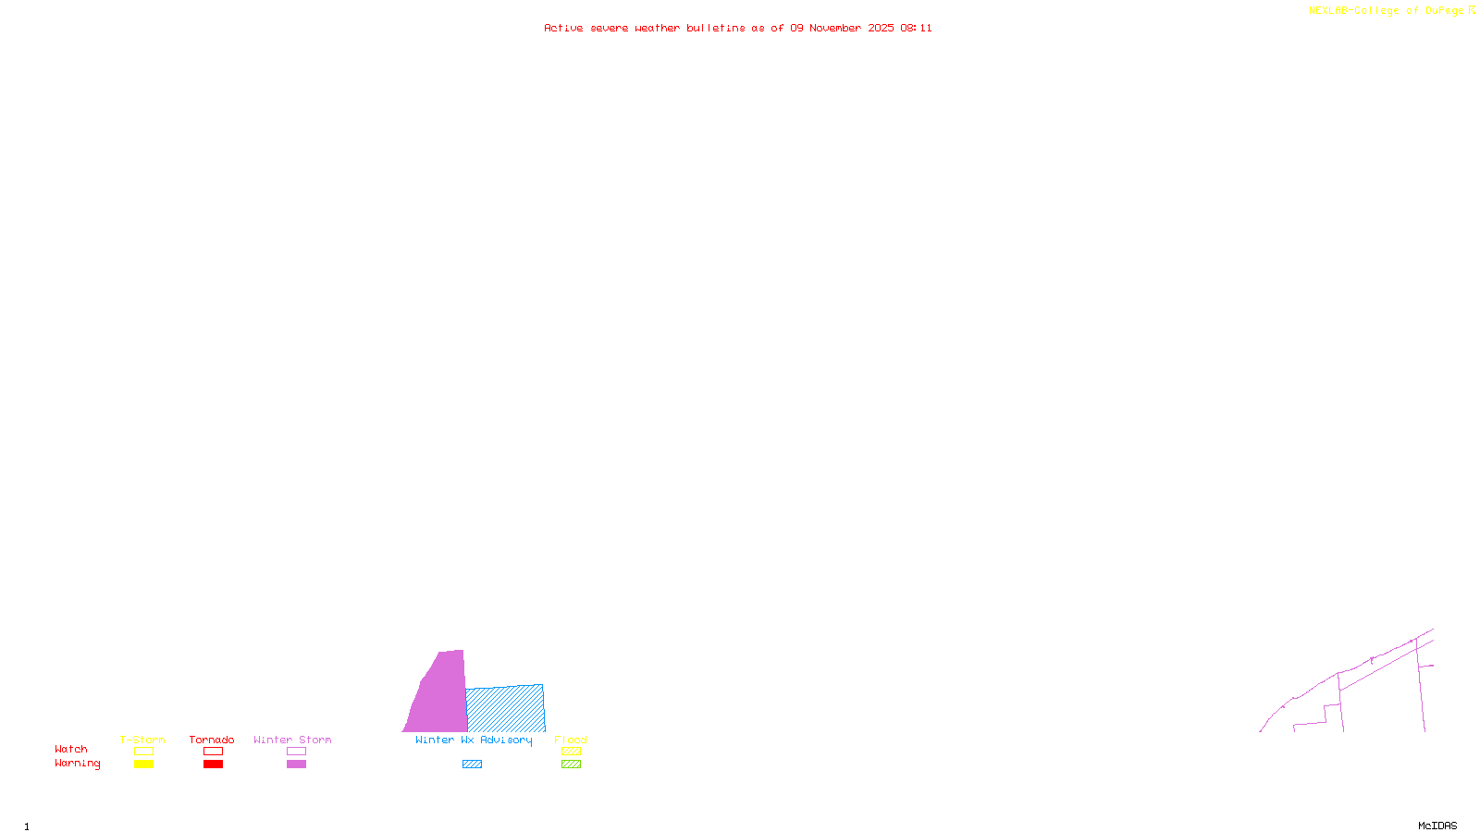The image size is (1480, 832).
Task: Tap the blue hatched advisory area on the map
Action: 505,709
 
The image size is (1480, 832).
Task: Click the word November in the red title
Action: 834,28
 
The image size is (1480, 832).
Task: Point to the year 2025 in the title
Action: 881,28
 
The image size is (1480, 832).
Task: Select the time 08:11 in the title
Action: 916,28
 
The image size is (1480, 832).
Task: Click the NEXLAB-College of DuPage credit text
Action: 1386,10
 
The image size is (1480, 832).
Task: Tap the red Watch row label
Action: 71,749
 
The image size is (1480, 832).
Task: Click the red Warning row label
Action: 77,764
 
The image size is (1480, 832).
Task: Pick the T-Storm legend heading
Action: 142,740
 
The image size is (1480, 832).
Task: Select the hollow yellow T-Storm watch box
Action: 143,752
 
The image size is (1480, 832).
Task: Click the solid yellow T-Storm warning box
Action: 143,765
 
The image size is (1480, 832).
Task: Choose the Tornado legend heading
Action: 212,740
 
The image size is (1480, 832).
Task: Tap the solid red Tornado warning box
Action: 213,765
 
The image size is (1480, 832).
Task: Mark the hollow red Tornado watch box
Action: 213,752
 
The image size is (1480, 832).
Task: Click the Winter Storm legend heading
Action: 292,740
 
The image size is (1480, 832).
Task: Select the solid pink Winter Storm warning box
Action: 296,765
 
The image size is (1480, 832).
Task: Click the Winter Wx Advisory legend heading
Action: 474,740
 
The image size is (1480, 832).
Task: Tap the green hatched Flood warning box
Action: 571,765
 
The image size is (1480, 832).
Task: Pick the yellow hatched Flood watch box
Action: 571,752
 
